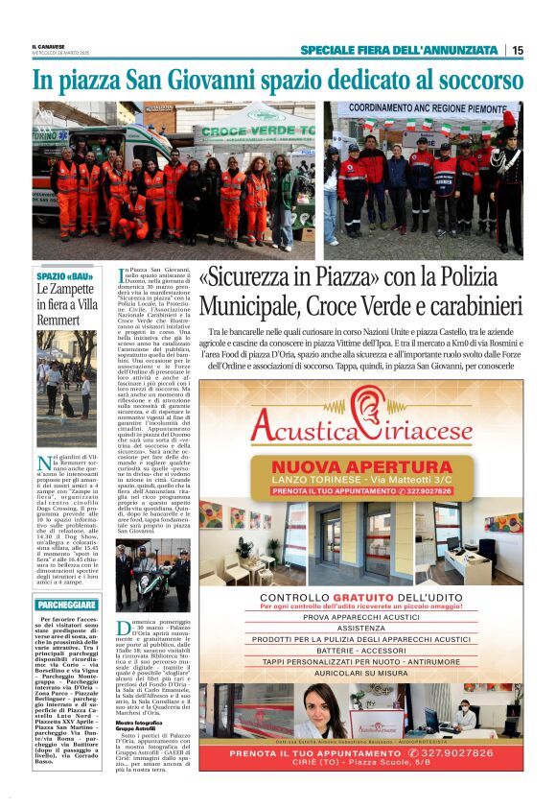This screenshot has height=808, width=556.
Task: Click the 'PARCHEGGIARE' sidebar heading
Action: point(66,606)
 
